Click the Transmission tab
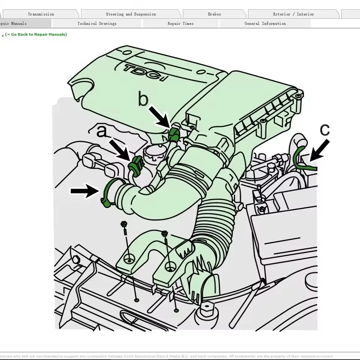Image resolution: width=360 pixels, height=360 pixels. (40, 14)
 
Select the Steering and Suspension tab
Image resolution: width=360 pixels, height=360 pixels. (130, 14)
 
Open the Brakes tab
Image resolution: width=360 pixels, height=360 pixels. (214, 14)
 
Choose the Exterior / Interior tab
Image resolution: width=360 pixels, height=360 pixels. (293, 14)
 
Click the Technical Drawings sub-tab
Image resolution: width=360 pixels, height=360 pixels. (97, 24)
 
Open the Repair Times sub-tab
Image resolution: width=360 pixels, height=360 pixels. (180, 24)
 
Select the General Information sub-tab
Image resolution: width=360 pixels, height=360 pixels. (265, 24)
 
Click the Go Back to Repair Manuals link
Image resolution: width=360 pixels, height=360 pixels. (36, 34)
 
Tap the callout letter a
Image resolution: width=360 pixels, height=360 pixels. (101, 132)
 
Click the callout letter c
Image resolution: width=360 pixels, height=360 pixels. (325, 130)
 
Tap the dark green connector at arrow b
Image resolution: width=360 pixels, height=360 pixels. (174, 133)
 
